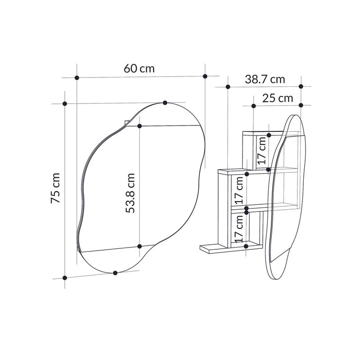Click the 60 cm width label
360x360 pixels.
coord(139,68)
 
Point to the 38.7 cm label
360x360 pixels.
coord(265,79)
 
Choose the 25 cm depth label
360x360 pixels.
coord(278,98)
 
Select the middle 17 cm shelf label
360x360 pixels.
coord(239,189)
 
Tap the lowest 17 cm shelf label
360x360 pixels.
coord(239,228)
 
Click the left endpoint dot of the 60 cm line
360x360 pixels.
coord(77,78)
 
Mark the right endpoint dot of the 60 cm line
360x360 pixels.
coord(205,76)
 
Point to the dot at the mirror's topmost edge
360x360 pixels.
coord(165,103)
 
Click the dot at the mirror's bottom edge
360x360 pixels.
coord(116,273)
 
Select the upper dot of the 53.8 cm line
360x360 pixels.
coord(139,126)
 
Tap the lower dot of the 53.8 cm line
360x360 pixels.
coord(139,246)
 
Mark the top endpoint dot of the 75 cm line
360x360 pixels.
coord(65,104)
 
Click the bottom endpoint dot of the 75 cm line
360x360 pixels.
coord(65,278)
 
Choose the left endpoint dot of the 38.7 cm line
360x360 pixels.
coord(229,86)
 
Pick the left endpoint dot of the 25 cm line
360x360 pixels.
coord(253,106)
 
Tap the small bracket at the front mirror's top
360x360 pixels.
coord(126,122)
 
